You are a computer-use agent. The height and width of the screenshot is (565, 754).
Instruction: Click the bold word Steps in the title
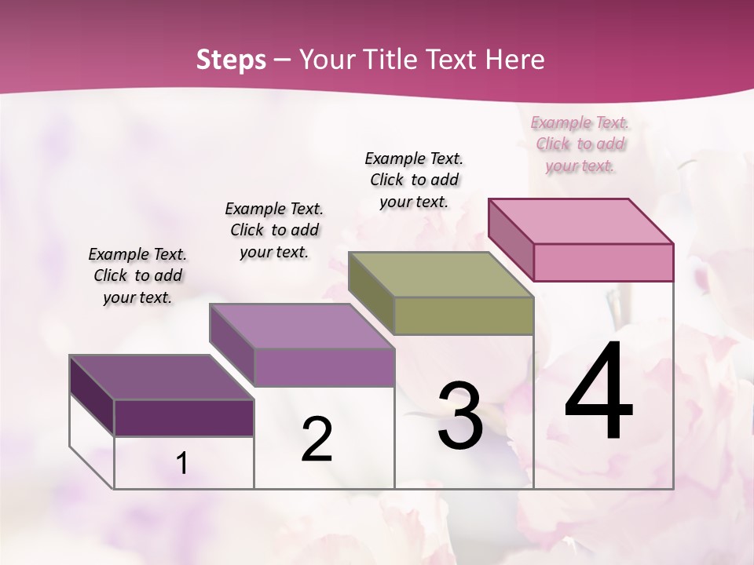pos(231,60)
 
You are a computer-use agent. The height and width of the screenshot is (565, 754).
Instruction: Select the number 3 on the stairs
pos(460,416)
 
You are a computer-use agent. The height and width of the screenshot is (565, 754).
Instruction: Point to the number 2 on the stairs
pos(317,439)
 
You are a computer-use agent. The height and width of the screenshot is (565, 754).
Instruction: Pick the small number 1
pos(182,464)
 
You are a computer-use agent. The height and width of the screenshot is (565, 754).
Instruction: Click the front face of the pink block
pos(603,262)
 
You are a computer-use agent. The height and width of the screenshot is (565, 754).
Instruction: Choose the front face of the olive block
pos(463,315)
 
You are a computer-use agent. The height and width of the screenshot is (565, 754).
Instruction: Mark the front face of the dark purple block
pos(184,417)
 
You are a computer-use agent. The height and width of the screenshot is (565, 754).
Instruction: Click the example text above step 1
pos(137,275)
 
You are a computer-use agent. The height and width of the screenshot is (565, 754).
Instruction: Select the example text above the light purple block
pos(274,230)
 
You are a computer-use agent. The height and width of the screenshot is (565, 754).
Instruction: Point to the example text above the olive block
pos(414,180)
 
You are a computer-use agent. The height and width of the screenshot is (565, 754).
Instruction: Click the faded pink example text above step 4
pos(580,144)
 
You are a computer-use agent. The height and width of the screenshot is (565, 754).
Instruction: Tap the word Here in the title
pos(514,60)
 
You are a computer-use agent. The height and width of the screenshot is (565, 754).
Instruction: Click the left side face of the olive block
pos(372,290)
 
